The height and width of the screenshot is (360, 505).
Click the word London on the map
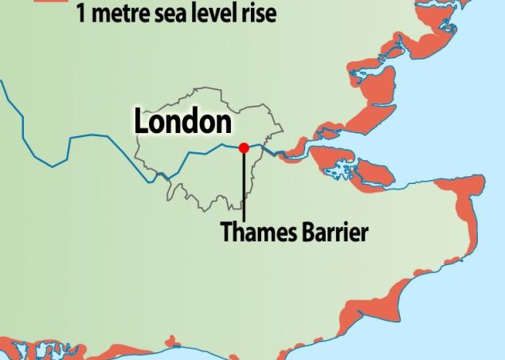coord(182,122)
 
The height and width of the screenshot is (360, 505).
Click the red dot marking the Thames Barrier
coord(244,147)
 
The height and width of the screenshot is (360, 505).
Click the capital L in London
coord(141,122)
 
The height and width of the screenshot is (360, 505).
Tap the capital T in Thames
coord(226,233)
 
